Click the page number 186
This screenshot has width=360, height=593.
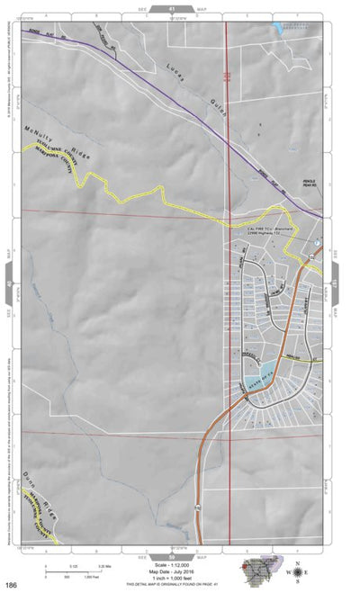click(x=10, y=586)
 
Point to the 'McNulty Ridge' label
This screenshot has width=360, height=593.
click(x=49, y=130)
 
